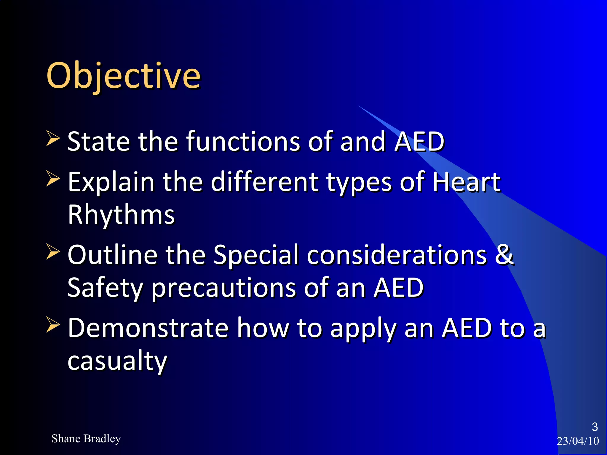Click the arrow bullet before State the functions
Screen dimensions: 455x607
[53, 139]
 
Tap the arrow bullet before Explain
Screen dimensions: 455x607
[53, 179]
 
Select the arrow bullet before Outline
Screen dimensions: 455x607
[53, 252]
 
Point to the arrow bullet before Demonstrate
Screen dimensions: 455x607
[53, 325]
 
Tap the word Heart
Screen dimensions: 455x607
[466, 182]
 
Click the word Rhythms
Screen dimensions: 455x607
[121, 214]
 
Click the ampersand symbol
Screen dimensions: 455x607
[504, 255]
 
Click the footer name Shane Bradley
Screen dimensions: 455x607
[86, 439]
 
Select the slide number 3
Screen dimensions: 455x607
[595, 427]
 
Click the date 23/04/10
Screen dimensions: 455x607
[578, 441]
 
